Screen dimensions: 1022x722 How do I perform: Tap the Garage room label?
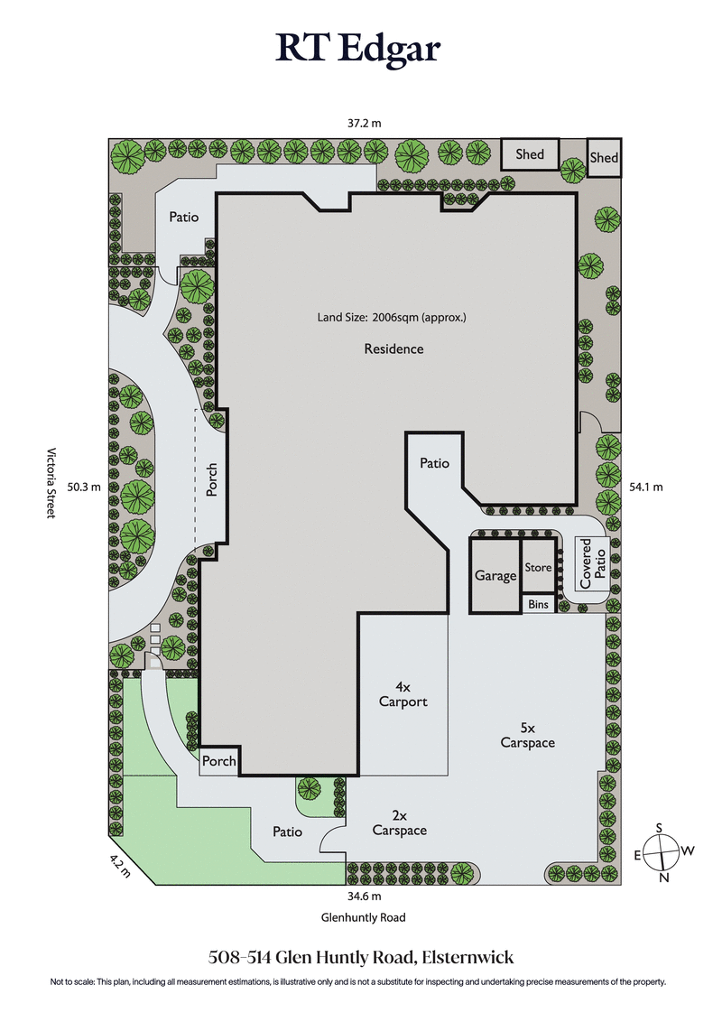(495, 576)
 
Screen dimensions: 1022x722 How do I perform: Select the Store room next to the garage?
(538, 567)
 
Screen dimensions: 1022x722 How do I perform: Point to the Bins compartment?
(538, 604)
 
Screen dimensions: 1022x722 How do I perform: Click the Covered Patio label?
(593, 564)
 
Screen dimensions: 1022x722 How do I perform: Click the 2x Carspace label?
(400, 822)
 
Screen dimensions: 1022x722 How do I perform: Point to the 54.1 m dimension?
(644, 487)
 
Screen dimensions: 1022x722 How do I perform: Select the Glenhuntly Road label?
(363, 917)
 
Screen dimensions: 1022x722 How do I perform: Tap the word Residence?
(393, 348)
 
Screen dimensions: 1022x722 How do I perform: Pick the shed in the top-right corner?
(604, 158)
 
